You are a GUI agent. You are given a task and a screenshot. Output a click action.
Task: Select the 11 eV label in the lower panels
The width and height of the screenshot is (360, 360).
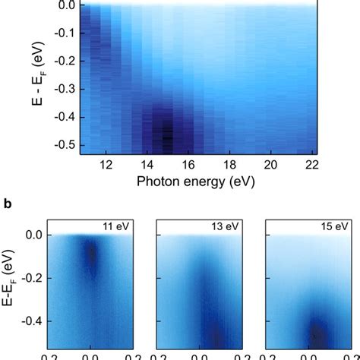(118, 226)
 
